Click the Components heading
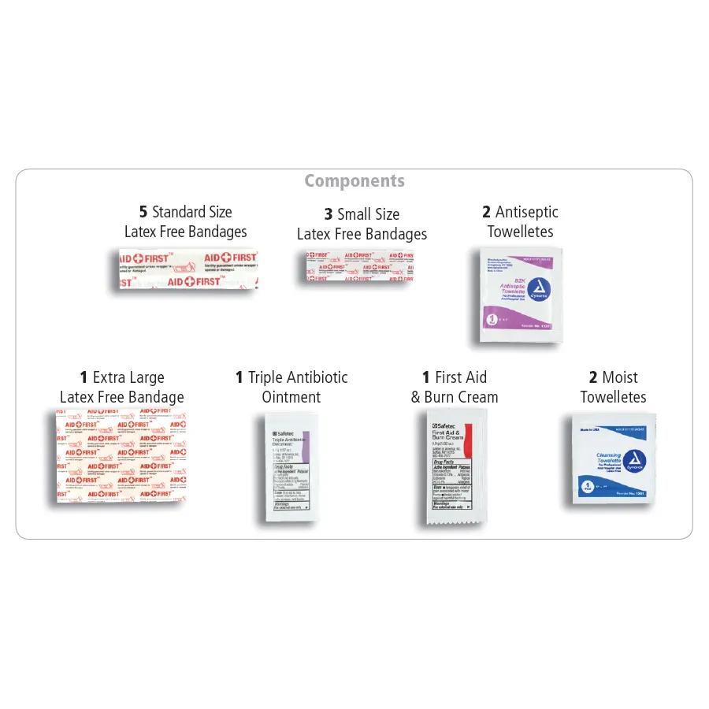coord(354,181)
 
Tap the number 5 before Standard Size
coord(143,212)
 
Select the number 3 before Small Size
coord(329,214)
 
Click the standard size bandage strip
coord(187,269)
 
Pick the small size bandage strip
coord(359,266)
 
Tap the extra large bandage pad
coord(121,455)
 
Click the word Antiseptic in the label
coord(526,212)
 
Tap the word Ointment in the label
coord(291,397)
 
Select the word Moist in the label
coord(620,377)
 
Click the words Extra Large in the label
coord(128,377)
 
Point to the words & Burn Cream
coord(455,397)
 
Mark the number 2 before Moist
coord(593,377)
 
